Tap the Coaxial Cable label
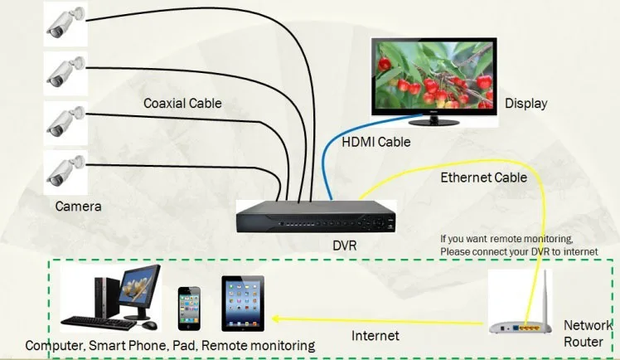coord(182,104)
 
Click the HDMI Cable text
coord(376,142)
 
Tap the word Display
coord(526,104)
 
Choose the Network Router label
coord(587,333)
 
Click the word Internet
coord(375,336)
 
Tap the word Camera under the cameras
coord(78,206)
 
